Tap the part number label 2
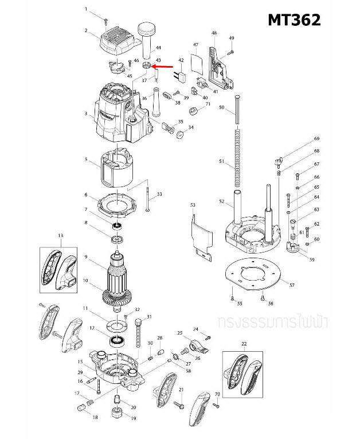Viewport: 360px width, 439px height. pos(85,30)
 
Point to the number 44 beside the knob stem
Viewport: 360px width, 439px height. pos(159,47)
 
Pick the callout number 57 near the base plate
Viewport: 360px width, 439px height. pos(291,285)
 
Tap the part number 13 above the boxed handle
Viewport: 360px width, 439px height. pos(60,236)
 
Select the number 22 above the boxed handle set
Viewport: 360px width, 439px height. pos(244,343)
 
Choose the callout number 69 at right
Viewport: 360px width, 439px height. pos(316,139)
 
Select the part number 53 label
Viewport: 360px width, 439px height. pos(193,205)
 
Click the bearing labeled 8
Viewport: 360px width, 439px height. pos(118,237)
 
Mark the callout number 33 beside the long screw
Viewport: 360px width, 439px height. pos(159,195)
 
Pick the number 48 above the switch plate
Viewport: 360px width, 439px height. pos(214,33)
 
